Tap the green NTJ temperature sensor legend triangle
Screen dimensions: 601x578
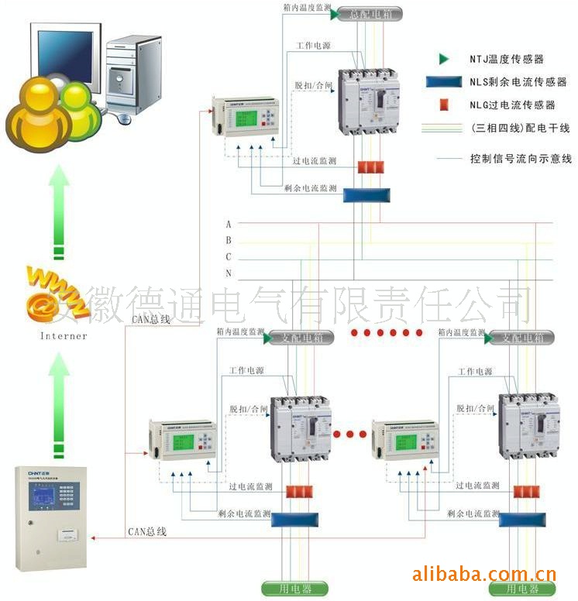coord(443,59)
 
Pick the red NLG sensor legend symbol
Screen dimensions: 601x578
coord(444,105)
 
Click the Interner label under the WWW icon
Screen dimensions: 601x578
coord(64,336)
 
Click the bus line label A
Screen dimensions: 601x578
coord(229,224)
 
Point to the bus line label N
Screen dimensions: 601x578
coord(229,273)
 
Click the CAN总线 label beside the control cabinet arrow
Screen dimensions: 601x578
coord(147,532)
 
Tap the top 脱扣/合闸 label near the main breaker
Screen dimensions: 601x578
coord(312,86)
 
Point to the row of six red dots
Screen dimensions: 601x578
coord(386,333)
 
